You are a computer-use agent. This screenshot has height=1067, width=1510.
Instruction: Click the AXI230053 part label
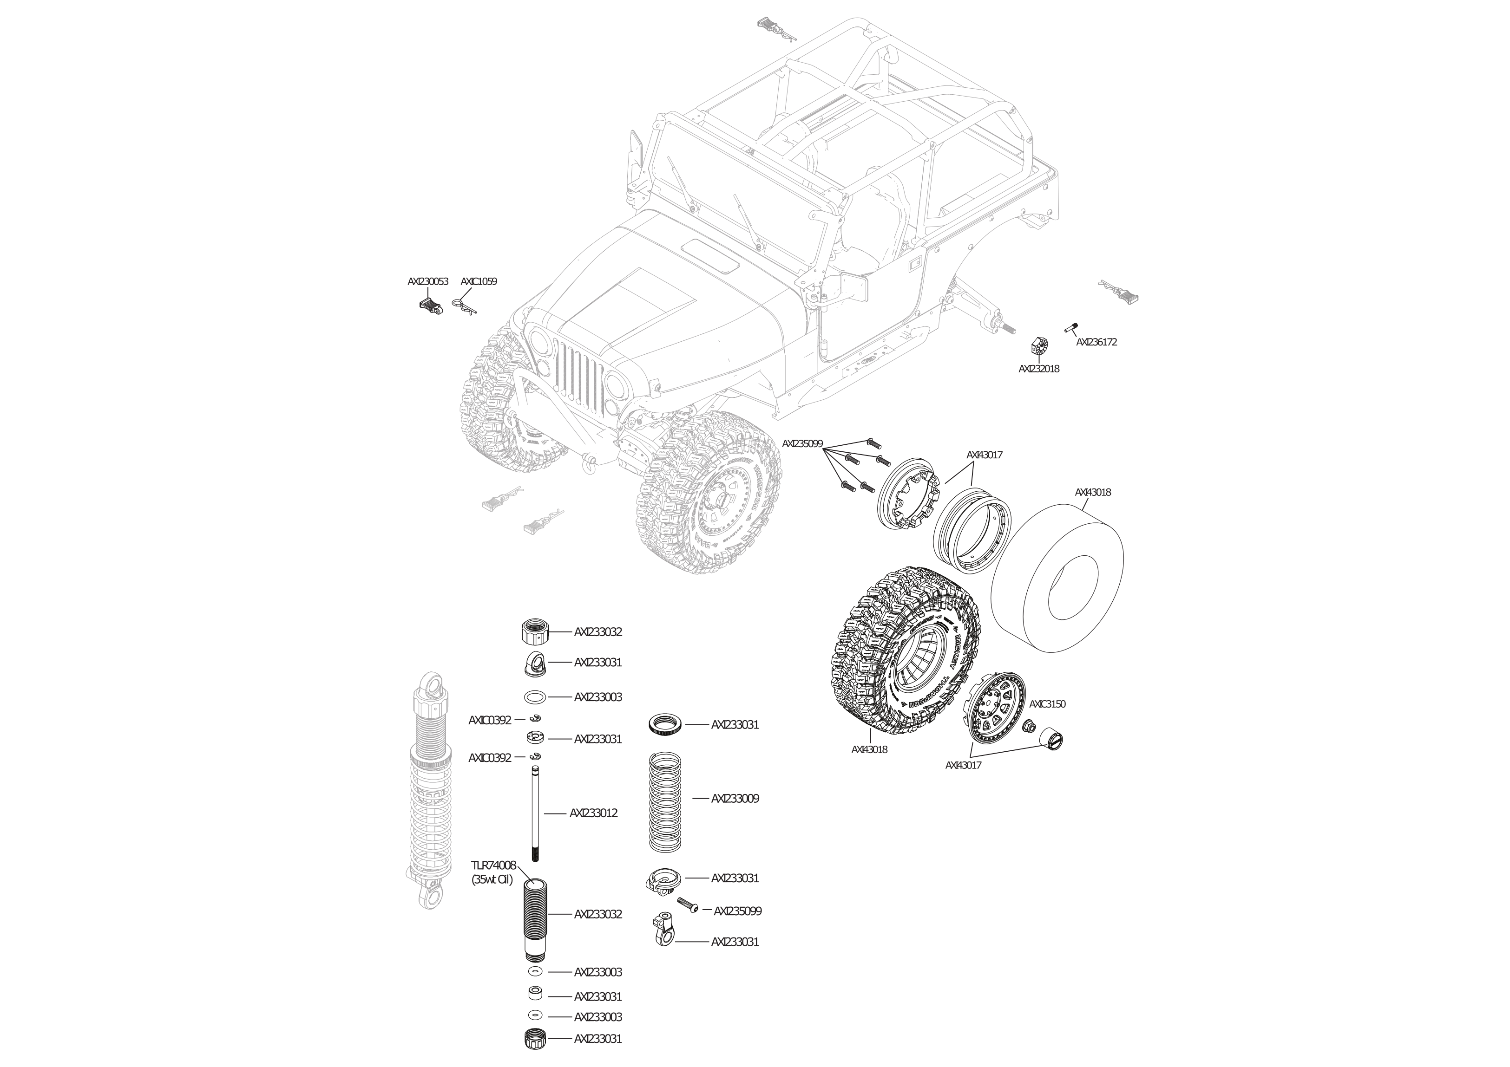click(x=427, y=281)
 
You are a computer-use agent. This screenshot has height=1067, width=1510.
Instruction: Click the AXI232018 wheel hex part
click(x=1038, y=346)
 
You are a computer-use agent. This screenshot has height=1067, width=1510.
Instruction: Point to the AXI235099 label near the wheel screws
click(x=802, y=444)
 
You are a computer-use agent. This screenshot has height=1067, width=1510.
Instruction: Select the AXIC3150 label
click(x=1047, y=704)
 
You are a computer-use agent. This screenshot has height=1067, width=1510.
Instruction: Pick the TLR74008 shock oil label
click(x=493, y=865)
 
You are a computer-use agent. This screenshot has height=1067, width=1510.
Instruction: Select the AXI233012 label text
click(x=593, y=813)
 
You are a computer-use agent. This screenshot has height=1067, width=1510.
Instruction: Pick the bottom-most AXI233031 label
click(x=598, y=1039)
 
